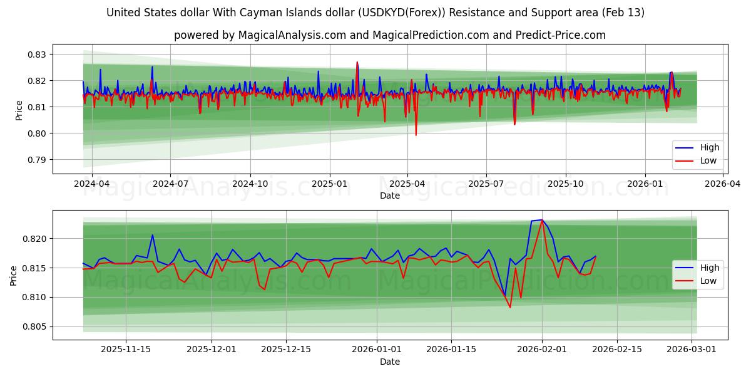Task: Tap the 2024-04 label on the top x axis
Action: click(92, 184)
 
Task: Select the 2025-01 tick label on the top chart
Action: click(329, 184)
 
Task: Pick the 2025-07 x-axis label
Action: click(486, 184)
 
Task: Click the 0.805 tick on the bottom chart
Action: click(35, 326)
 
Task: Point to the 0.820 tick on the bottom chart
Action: click(35, 239)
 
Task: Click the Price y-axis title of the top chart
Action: click(19, 110)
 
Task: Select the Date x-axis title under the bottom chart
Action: click(389, 362)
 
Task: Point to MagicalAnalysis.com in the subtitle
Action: click(292, 35)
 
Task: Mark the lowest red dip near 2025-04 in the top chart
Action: click(416, 135)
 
